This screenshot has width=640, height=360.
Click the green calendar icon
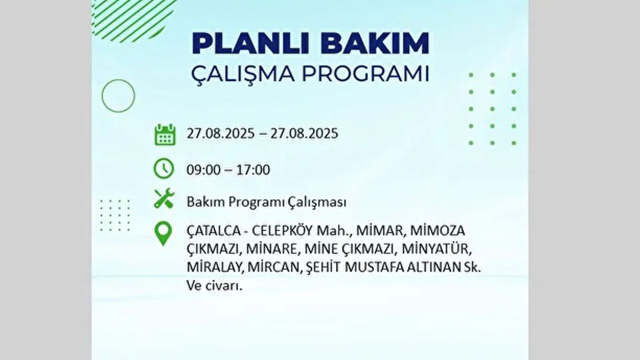tap(164, 134)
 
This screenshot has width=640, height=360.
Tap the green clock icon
tap(163, 169)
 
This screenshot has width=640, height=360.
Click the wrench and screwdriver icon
tap(163, 198)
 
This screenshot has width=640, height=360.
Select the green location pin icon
tap(163, 233)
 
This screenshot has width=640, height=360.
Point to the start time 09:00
tap(203, 170)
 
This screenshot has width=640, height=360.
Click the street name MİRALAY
tap(215, 267)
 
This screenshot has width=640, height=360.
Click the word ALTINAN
tap(435, 267)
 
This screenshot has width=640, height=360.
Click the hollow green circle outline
tap(118, 95)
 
